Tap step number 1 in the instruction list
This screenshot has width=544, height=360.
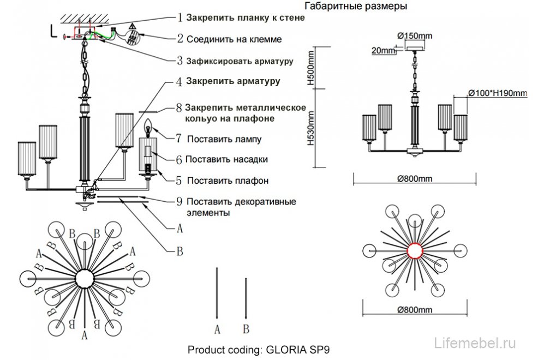tap(180, 17)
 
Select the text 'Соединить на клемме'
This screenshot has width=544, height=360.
tap(234, 39)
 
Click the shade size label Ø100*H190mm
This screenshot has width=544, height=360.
tap(498, 93)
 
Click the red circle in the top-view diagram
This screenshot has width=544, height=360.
tap(416, 250)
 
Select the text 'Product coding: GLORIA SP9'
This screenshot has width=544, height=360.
tap(259, 350)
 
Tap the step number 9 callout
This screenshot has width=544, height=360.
tap(179, 201)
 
